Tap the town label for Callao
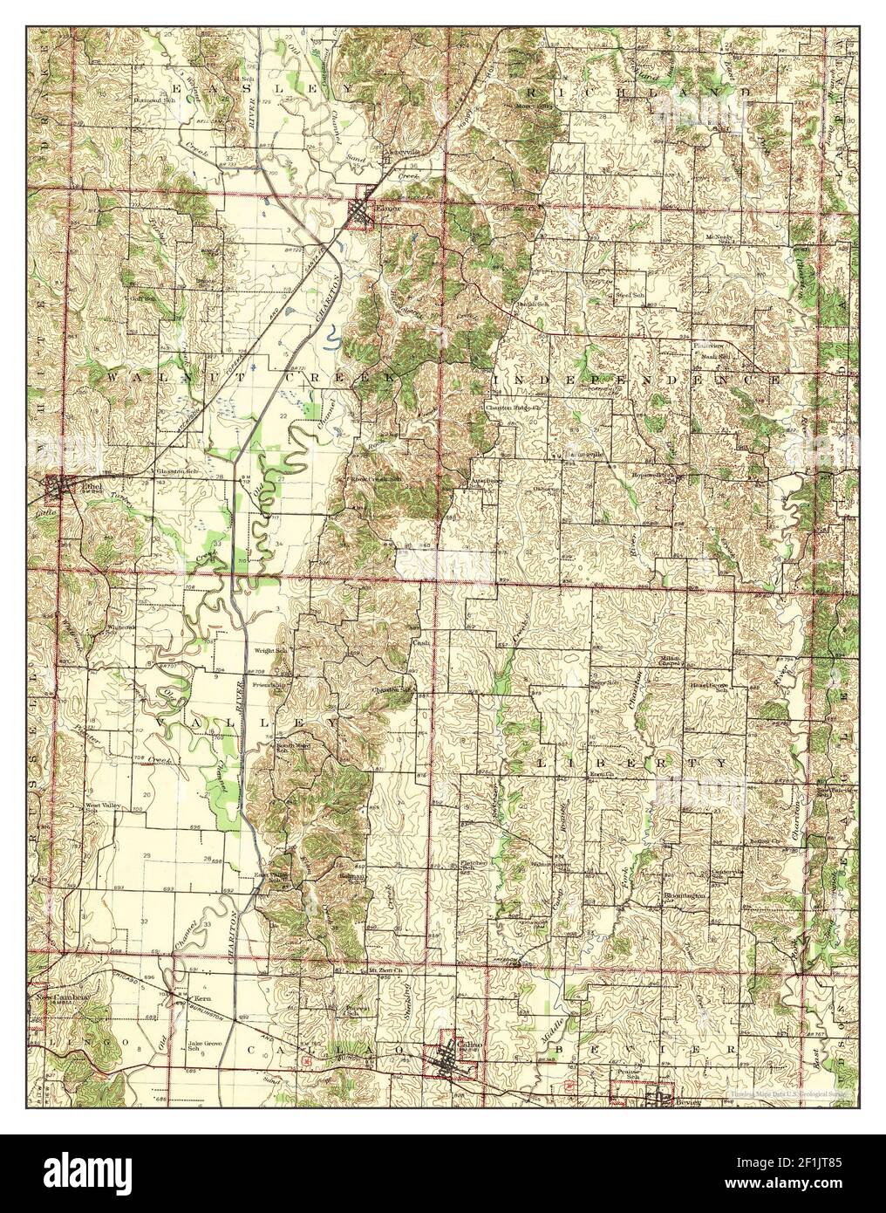pyautogui.click(x=461, y=1054)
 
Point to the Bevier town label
pyautogui.click(x=687, y=1103)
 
